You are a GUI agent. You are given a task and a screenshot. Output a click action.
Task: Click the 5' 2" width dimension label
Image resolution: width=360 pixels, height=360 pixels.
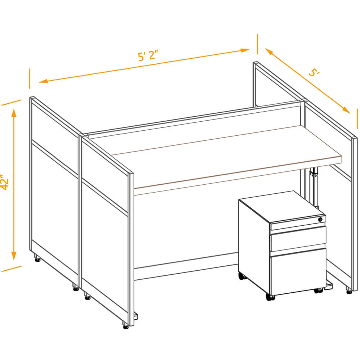click(148, 56)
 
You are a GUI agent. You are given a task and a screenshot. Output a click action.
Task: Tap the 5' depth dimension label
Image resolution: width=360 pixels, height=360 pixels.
click(314, 73)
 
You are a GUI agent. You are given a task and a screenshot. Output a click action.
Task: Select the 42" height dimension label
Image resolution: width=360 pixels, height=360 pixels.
click(4, 182)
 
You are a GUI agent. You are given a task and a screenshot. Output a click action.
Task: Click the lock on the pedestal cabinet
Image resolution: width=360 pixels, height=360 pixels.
click(320, 220)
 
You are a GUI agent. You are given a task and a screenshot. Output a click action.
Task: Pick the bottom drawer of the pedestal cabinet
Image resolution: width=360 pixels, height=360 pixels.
click(298, 273)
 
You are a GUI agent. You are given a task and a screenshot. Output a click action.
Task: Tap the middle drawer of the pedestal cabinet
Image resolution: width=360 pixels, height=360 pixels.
click(298, 239)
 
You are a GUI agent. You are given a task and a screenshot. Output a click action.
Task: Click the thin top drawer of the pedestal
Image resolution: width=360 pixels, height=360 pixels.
click(298, 224)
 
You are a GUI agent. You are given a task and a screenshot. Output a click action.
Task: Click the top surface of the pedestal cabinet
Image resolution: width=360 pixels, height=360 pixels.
click(282, 207)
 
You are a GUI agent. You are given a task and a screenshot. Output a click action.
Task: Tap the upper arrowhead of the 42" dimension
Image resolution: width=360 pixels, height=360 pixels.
click(14, 113)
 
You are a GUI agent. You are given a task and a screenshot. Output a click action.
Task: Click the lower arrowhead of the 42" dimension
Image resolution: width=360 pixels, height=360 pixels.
click(14, 256)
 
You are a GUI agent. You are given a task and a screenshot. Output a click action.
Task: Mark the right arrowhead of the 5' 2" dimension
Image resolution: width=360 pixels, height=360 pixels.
click(245, 50)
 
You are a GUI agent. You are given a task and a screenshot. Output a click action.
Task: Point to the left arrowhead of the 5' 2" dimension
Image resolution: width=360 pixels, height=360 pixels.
click(44, 81)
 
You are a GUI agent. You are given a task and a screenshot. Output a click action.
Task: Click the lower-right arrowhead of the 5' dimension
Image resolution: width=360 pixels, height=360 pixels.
click(346, 110)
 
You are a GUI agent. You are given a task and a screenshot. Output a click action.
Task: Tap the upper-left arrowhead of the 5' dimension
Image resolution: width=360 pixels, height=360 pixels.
click(269, 51)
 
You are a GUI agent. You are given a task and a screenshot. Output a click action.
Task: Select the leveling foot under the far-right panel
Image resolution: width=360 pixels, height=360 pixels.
click(349, 292)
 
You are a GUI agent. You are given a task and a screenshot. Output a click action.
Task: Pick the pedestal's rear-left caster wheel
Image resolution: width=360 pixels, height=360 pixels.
click(242, 276)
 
